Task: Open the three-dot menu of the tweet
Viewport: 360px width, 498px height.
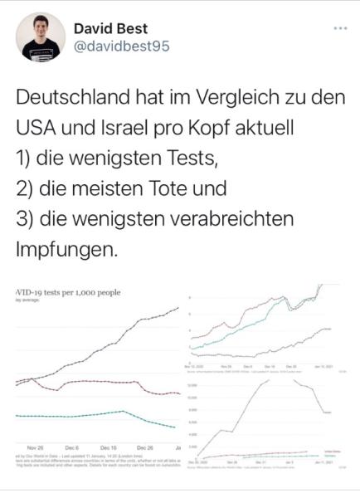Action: point(340,27)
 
